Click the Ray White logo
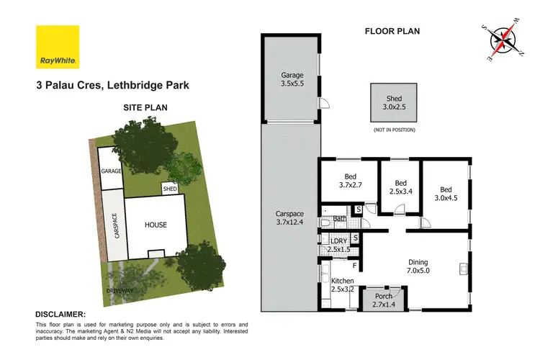[x=58, y=48]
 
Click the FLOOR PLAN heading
[x=392, y=31]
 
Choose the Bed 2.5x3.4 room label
[x=401, y=187]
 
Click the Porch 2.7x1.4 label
[x=381, y=299]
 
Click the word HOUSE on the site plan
[x=155, y=225]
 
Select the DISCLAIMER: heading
[x=60, y=315]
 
